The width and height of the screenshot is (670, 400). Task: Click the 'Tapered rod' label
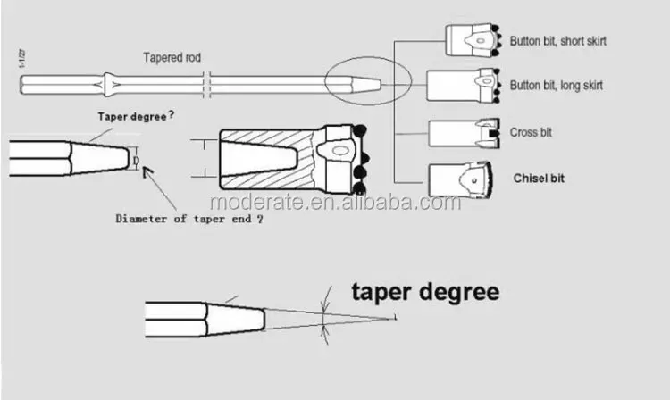click(172, 58)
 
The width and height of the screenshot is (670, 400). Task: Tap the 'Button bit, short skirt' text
click(558, 41)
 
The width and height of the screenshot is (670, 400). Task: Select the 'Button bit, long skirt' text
click(557, 86)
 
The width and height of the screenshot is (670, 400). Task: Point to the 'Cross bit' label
click(531, 132)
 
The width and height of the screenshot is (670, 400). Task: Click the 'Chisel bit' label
click(539, 179)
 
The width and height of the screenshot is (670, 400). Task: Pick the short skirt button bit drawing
click(473, 40)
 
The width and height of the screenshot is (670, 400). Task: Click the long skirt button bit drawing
click(464, 86)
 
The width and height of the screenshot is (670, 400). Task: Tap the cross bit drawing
click(465, 133)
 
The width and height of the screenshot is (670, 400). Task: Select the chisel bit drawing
click(461, 179)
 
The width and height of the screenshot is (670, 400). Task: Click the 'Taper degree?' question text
click(136, 116)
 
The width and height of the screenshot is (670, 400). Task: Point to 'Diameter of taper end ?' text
click(189, 219)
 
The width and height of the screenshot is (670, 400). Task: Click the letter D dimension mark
click(136, 161)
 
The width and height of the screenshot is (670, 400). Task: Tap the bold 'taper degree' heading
click(425, 293)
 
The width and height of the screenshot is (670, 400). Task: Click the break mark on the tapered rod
click(207, 85)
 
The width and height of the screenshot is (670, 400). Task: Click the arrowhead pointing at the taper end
click(147, 172)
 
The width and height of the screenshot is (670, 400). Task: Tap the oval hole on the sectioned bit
click(340, 151)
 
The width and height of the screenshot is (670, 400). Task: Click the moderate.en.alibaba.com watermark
click(336, 202)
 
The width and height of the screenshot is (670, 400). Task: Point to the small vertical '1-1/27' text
click(21, 59)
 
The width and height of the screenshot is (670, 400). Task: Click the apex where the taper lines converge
click(395, 318)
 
